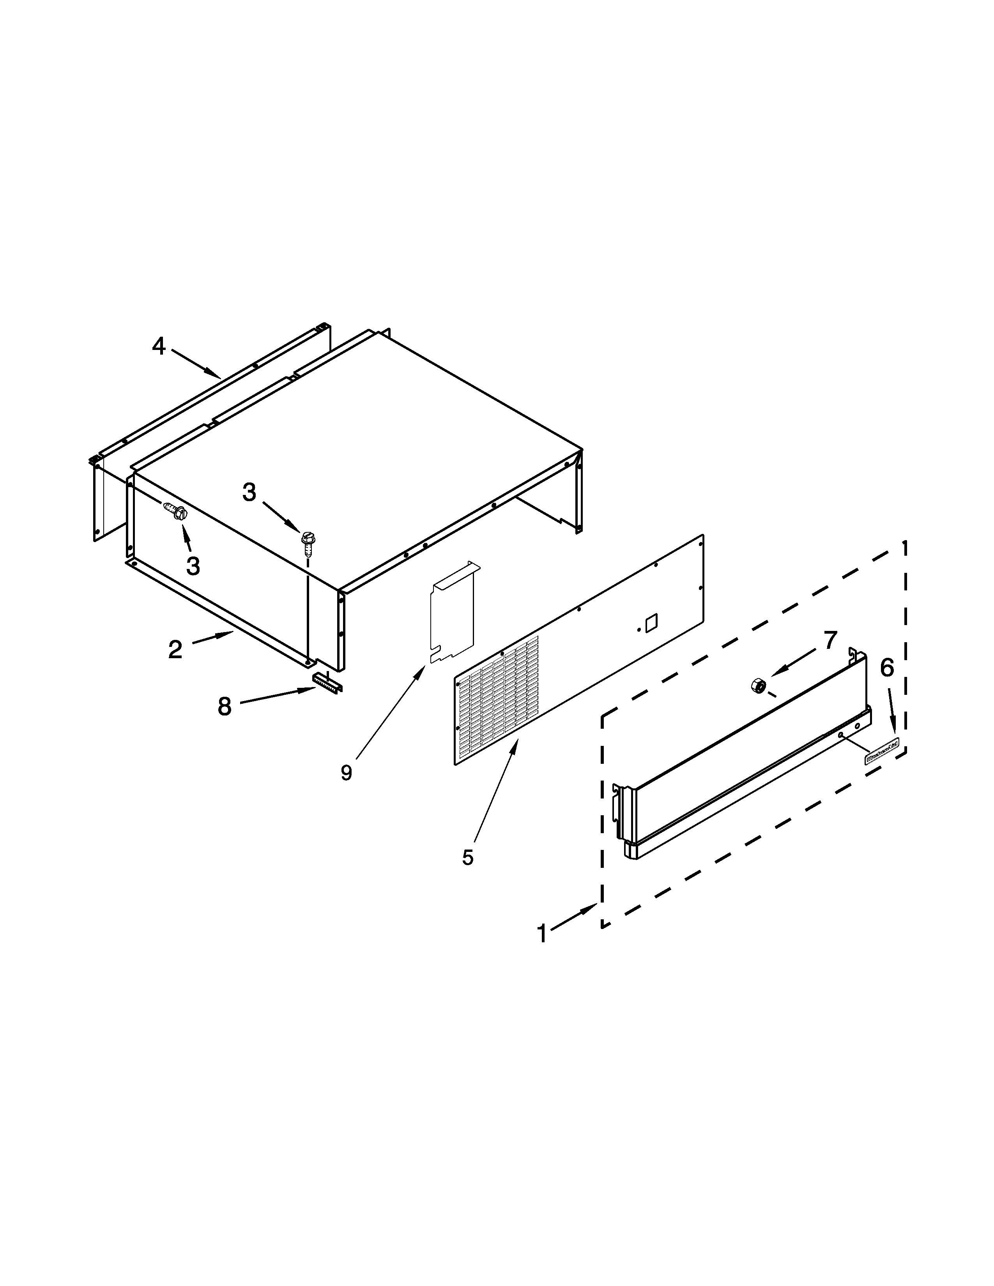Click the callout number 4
coord(158,346)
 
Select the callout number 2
coord(175,650)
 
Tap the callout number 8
coord(225,706)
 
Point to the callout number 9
coord(346,772)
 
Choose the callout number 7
coord(830,640)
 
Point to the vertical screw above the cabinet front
coord(306,542)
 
